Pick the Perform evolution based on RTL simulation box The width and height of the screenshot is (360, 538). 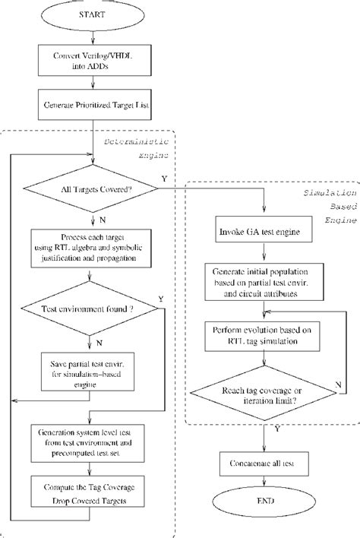264,335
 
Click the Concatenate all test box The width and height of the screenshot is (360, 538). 264,462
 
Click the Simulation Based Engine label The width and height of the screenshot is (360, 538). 326,205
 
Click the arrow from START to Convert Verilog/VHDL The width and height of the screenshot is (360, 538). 93,36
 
